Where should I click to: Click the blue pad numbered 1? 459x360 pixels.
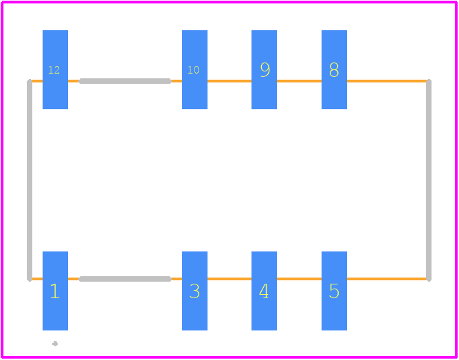click(x=56, y=291)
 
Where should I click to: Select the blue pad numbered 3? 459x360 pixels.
click(x=194, y=291)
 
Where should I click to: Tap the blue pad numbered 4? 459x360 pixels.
click(x=264, y=291)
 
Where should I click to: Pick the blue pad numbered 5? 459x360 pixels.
click(x=334, y=291)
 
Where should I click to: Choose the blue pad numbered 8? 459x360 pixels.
click(x=334, y=69)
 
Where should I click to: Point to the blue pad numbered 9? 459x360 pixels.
click(x=264, y=69)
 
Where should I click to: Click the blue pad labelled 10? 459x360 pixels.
click(x=194, y=69)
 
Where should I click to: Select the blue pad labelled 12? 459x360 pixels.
click(x=56, y=69)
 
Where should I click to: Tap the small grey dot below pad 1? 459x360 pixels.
click(x=55, y=344)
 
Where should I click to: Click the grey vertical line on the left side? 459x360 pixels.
click(x=30, y=180)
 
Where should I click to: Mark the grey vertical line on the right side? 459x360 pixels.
click(x=429, y=180)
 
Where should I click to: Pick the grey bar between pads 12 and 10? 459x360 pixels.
click(x=125, y=81)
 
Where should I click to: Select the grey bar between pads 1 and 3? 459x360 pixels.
click(x=125, y=279)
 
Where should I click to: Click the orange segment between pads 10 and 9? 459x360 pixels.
click(x=229, y=81)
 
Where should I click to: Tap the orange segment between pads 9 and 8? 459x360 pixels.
click(x=299, y=81)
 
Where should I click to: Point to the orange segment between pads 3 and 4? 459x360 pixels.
click(x=229, y=279)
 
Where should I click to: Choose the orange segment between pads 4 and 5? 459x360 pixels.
click(x=299, y=279)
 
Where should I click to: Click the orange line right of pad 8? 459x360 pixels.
click(x=386, y=81)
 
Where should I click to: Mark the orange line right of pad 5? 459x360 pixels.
click(x=386, y=279)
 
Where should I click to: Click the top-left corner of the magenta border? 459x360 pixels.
click(x=2, y=2)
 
